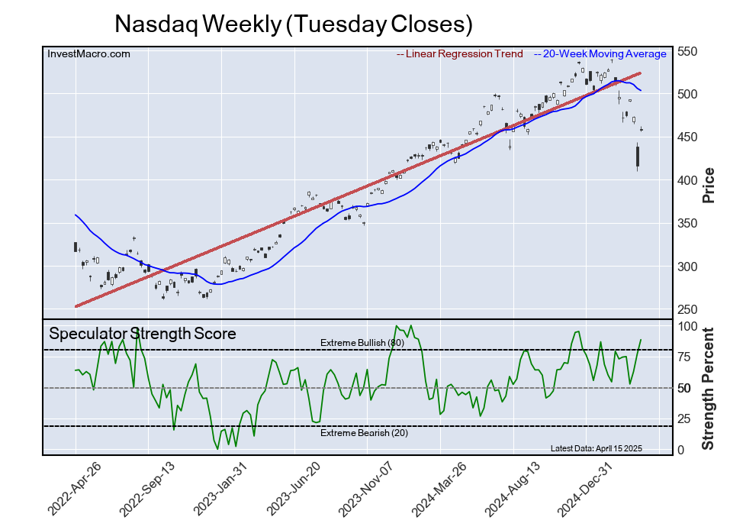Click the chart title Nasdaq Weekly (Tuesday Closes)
(294, 24)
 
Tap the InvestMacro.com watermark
(88, 53)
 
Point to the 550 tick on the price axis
(690, 51)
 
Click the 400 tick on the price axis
(690, 180)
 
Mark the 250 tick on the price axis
(690, 309)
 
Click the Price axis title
(709, 184)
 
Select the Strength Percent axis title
(709, 388)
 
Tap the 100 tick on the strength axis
(690, 326)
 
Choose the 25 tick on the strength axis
(687, 419)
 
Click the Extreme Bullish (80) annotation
(362, 343)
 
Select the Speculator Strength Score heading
(143, 334)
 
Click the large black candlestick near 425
(638, 157)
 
